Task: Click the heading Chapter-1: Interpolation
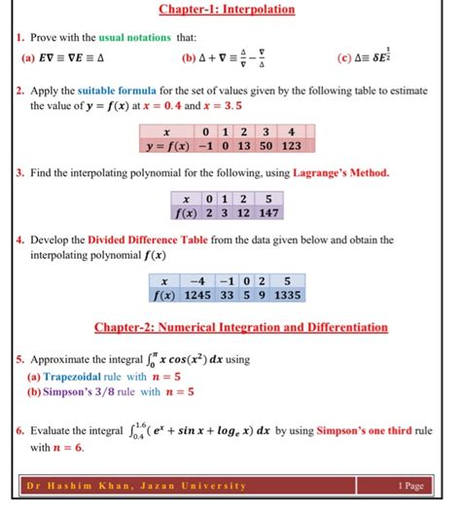click(230, 11)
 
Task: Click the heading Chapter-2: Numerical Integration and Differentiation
click(239, 328)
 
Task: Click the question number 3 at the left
click(19, 173)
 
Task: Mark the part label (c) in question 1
click(344, 57)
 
